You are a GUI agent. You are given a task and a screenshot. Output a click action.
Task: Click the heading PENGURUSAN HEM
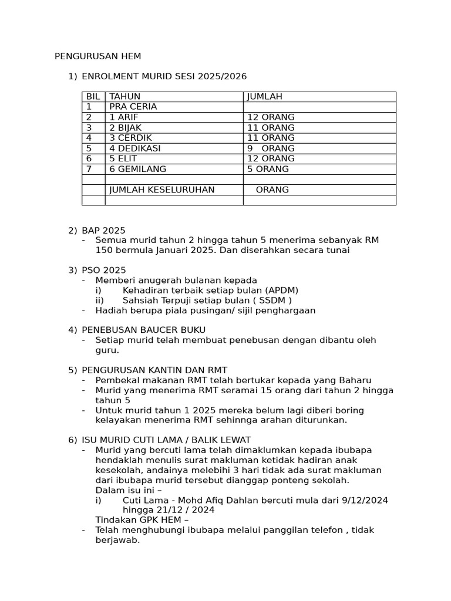click(x=98, y=56)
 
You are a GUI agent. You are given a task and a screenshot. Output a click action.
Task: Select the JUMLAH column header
click(x=265, y=96)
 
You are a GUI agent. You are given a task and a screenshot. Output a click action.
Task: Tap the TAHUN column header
click(x=125, y=96)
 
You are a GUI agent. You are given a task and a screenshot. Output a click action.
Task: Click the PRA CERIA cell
click(x=133, y=107)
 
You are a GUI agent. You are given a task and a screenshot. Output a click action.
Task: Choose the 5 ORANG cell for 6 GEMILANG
click(x=268, y=169)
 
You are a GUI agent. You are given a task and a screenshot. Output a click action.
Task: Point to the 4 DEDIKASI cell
click(x=135, y=148)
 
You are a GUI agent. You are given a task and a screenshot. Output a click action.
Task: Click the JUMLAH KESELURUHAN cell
click(x=162, y=190)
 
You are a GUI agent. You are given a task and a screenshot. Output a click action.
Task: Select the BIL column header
click(x=93, y=96)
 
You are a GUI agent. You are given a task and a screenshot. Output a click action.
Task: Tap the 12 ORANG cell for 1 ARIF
click(x=271, y=117)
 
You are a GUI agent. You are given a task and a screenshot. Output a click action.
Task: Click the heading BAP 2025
click(x=103, y=230)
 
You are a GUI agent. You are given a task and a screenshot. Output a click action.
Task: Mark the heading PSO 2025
click(x=104, y=270)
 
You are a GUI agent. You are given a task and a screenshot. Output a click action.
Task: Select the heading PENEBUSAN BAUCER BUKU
click(x=144, y=330)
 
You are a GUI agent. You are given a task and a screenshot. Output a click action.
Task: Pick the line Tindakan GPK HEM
click(x=142, y=520)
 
